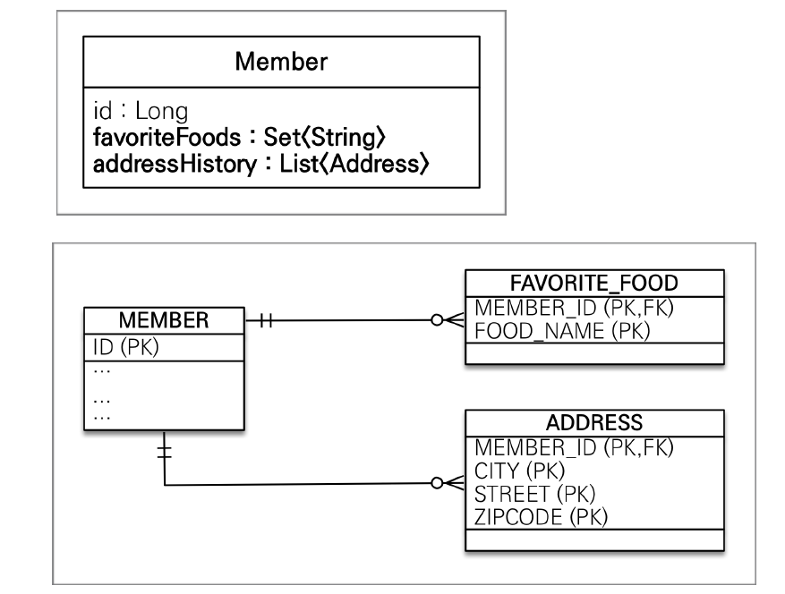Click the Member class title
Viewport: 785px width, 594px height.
281,62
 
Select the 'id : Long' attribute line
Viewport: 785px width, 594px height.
141,111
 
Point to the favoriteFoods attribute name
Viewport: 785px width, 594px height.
166,137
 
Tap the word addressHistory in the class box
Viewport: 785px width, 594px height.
175,164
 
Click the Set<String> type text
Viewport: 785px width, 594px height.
324,137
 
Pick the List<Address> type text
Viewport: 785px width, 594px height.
354,164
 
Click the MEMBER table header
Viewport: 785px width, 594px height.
164,320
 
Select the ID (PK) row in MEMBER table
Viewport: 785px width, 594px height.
125,347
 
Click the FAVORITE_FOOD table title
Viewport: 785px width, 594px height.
594,284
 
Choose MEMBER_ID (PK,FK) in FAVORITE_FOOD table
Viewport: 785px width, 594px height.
575,308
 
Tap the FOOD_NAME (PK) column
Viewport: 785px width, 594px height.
562,331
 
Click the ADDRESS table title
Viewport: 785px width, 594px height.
594,423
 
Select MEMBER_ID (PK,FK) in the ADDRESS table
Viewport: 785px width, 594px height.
575,447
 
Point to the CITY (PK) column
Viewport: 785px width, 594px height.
520,471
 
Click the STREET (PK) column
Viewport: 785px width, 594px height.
534,494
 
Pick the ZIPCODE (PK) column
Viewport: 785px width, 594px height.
542,517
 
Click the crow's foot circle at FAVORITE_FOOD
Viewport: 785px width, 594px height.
437,319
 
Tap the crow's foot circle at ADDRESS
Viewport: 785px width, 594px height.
437,483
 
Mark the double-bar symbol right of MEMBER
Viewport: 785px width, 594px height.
267,320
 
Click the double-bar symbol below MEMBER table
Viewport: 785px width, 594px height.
164,453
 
